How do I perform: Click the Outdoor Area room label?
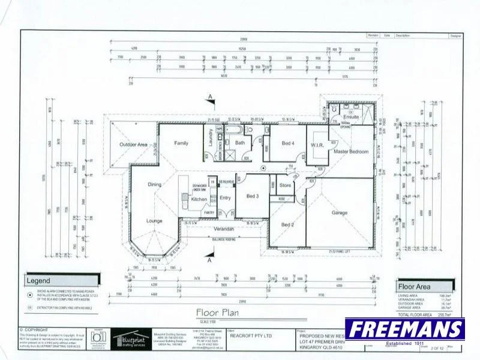(x=134, y=145)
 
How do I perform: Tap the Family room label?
(x=181, y=143)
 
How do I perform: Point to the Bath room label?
(x=240, y=143)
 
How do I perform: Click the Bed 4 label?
(x=288, y=143)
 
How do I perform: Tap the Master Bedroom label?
(x=351, y=152)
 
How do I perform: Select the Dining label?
(x=155, y=184)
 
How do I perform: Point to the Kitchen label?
(x=199, y=199)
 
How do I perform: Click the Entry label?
(x=226, y=197)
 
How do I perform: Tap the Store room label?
(x=286, y=185)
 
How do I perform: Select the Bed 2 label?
(x=287, y=224)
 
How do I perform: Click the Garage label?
(x=340, y=212)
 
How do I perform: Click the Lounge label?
(x=154, y=221)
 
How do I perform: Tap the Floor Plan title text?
(x=217, y=312)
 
